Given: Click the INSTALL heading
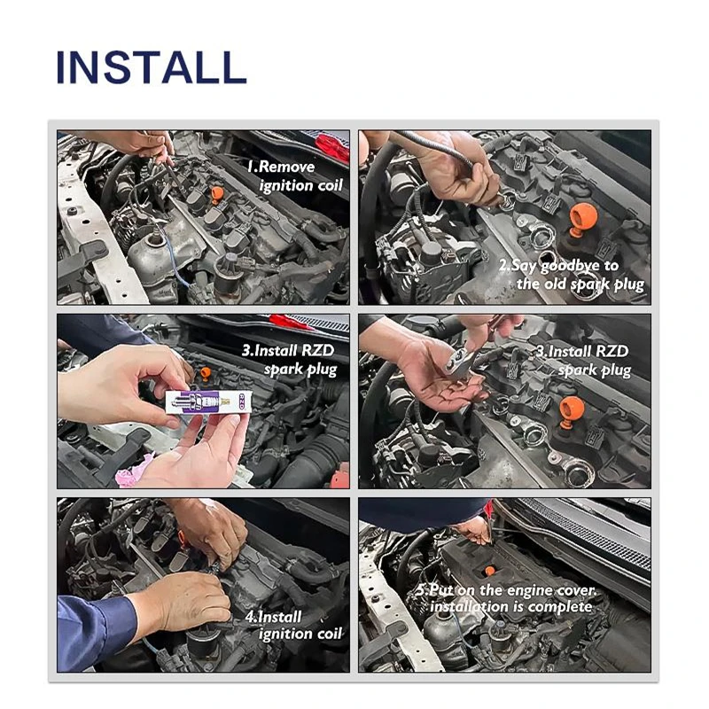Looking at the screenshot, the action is (x=152, y=67).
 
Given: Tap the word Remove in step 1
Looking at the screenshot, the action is (x=285, y=167).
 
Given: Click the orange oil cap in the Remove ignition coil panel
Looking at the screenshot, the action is (x=217, y=193).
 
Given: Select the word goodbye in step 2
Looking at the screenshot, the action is (x=570, y=267).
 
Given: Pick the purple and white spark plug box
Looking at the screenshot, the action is (x=206, y=402).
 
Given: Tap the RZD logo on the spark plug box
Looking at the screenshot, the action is (x=241, y=401).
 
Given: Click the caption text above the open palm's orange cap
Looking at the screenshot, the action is (x=583, y=361).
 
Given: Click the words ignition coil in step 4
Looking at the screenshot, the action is (x=300, y=635).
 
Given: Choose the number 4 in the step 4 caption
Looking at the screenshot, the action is (x=250, y=617).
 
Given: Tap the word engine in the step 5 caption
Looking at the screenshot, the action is (x=528, y=590).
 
